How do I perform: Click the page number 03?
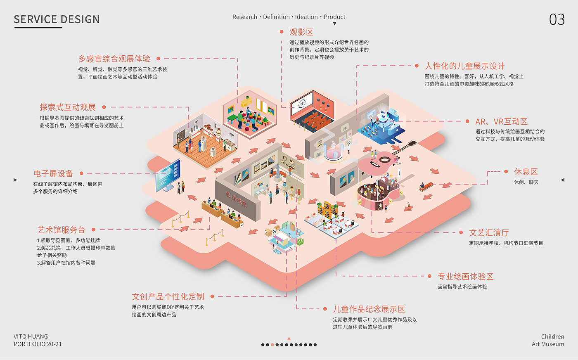[x=557, y=19]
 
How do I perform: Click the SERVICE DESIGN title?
[x=57, y=19]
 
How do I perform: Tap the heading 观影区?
[x=301, y=32]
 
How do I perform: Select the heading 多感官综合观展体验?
[x=114, y=59]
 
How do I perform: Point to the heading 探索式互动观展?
[x=68, y=107]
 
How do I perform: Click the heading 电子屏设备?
[x=53, y=173]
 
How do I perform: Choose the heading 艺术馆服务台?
[x=61, y=230]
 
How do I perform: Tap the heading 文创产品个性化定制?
[x=168, y=296]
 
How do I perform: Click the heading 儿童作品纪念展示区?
[x=369, y=309]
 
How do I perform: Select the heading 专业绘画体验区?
[x=465, y=276]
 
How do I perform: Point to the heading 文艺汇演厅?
[x=489, y=232]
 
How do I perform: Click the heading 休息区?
[x=526, y=172]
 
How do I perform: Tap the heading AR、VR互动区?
[x=501, y=121]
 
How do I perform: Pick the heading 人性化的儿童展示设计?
[x=464, y=66]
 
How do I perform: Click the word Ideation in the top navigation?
[x=306, y=17]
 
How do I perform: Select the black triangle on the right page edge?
[x=562, y=180]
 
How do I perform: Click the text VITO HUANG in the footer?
[x=31, y=336]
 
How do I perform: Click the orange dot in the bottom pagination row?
[x=272, y=345]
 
